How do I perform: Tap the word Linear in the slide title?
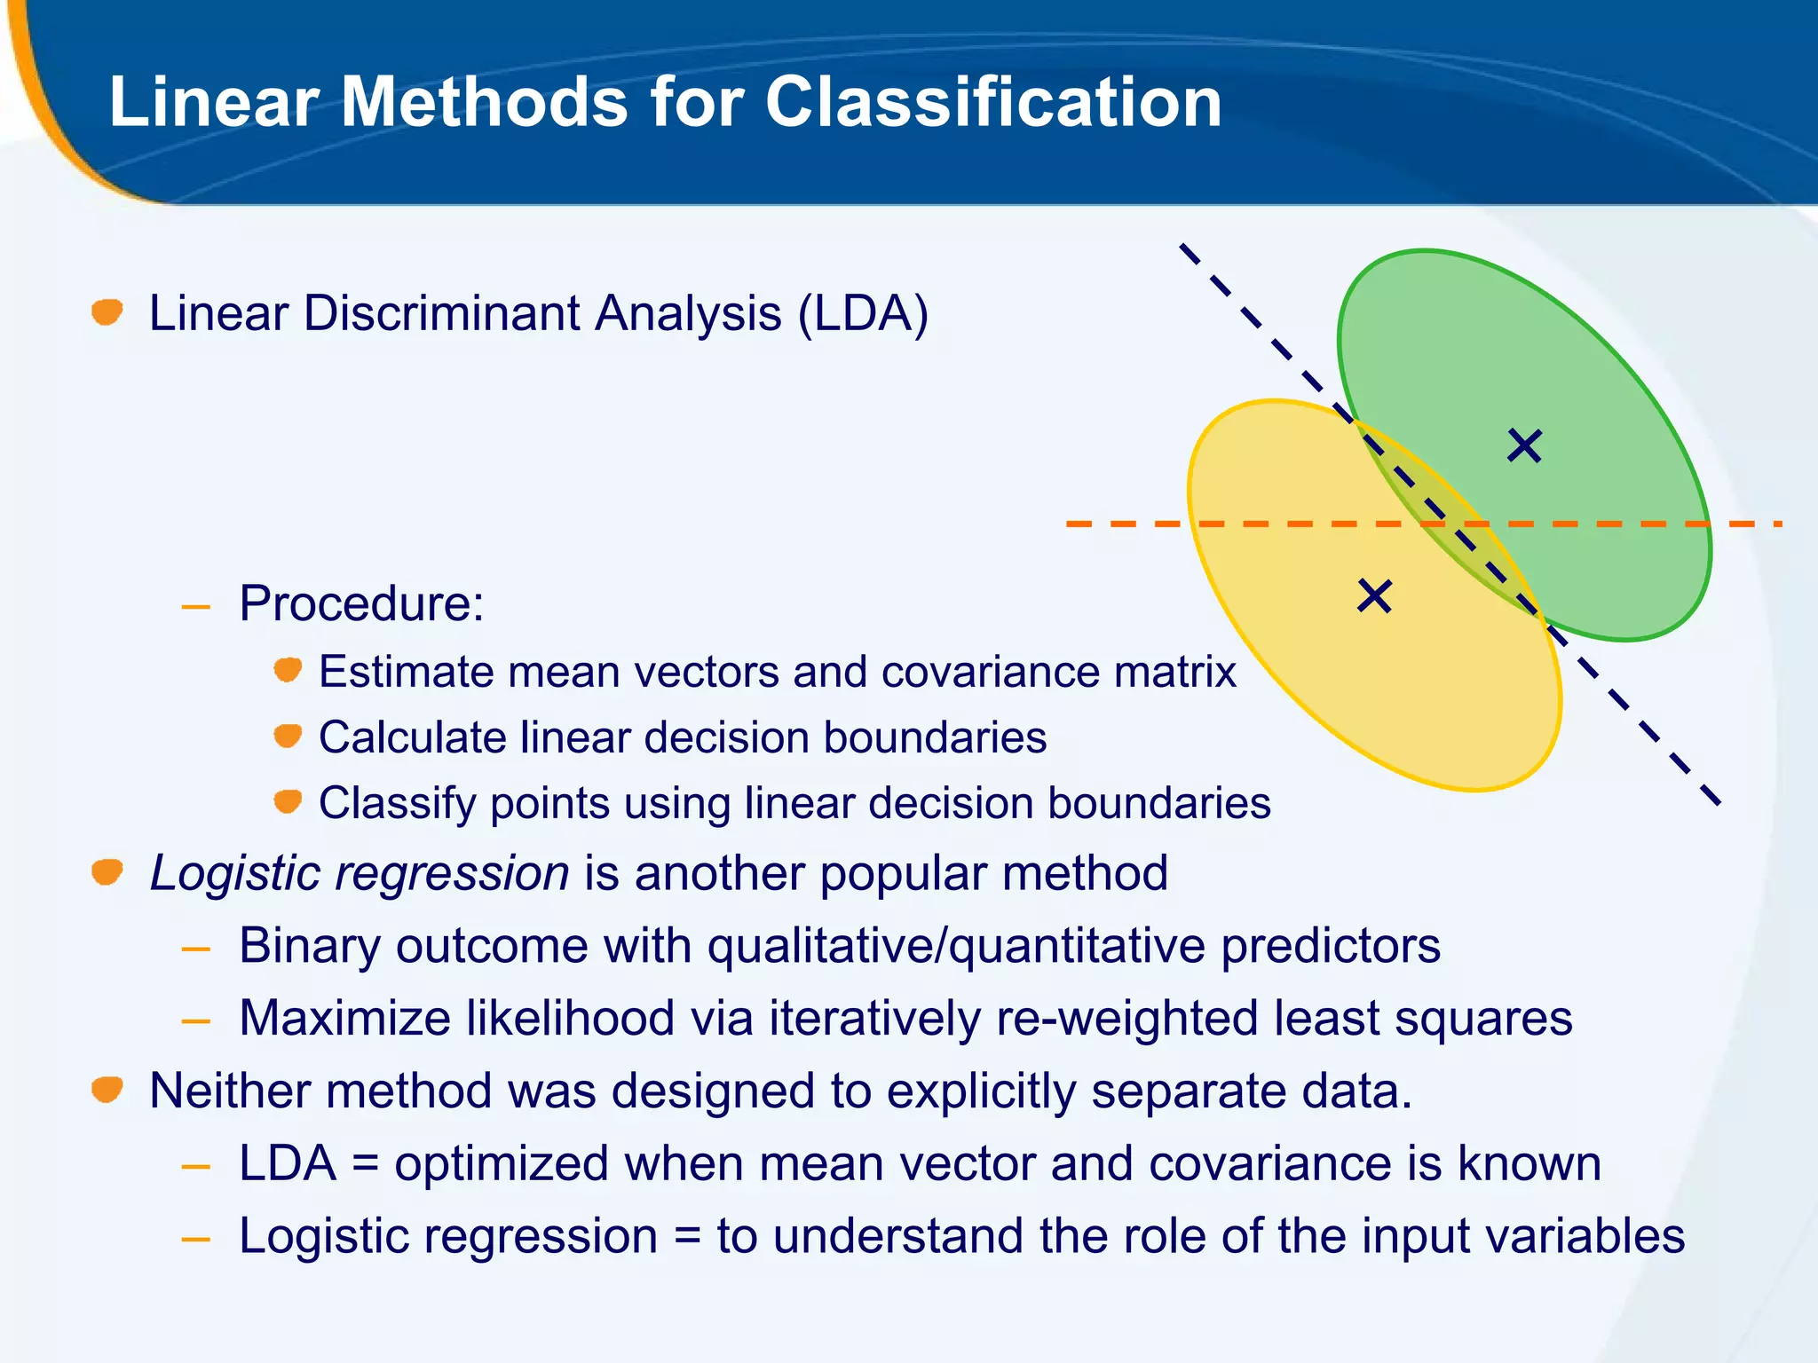click(x=213, y=102)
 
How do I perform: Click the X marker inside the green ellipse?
click(x=1524, y=445)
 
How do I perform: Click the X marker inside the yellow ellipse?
click(x=1374, y=596)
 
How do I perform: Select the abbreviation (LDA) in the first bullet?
click(x=863, y=314)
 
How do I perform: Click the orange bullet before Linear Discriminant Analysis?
click(x=107, y=312)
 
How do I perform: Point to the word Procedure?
click(x=361, y=604)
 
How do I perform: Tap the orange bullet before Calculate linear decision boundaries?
click(x=288, y=737)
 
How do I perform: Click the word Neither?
click(x=230, y=1091)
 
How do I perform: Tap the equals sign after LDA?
click(x=366, y=1164)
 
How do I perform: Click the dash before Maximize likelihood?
click(x=195, y=1021)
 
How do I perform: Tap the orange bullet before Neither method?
click(x=107, y=1090)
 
